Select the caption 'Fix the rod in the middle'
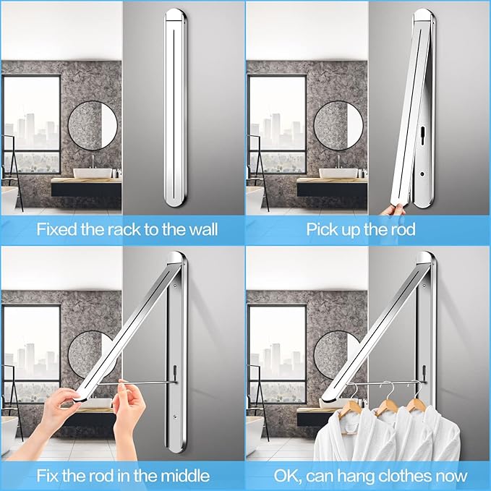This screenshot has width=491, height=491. (122, 476)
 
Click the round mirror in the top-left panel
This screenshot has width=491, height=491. (93, 126)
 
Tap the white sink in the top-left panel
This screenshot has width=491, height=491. (95, 173)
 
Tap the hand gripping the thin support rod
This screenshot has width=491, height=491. (130, 405)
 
